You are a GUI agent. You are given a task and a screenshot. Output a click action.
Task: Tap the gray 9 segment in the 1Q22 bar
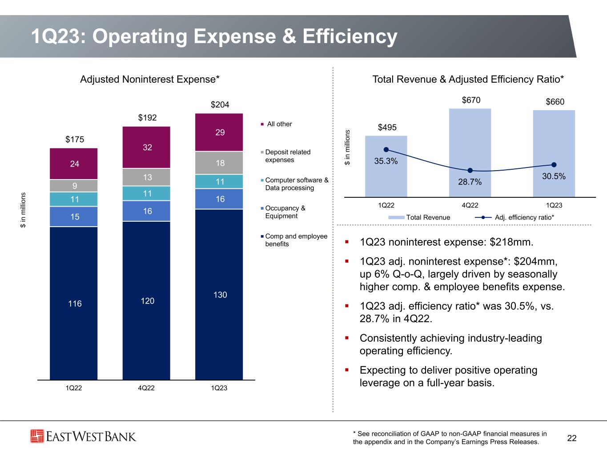tap(74, 185)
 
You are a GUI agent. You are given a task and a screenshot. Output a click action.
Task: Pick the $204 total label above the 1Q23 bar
tap(220, 104)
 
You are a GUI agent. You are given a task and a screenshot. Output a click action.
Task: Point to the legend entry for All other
tap(279, 124)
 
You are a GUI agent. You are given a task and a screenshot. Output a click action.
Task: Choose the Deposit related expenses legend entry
tap(287, 156)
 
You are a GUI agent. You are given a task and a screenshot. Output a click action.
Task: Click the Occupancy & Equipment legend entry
tap(285, 212)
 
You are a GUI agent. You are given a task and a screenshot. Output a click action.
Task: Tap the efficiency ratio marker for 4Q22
tap(470, 171)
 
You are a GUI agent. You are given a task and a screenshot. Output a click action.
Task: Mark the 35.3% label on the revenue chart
tap(386, 161)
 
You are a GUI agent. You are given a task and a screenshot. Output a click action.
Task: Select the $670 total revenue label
tap(471, 100)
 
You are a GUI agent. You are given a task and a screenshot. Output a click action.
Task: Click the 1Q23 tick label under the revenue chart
tap(554, 205)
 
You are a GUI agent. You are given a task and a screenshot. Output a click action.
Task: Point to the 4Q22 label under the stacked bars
tap(146, 388)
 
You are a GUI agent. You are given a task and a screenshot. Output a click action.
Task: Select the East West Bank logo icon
tap(37, 436)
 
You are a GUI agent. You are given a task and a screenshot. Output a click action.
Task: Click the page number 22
tap(572, 439)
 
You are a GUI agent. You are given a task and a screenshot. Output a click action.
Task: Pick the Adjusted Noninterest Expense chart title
tap(150, 79)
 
